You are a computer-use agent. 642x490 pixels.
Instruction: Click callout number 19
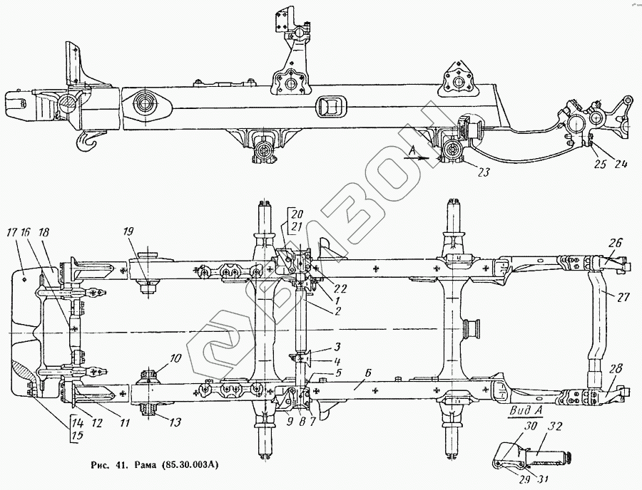128,231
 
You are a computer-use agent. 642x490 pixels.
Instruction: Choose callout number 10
156,358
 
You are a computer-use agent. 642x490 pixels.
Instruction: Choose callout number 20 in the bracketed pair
297,213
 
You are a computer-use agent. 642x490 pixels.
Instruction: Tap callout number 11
124,423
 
